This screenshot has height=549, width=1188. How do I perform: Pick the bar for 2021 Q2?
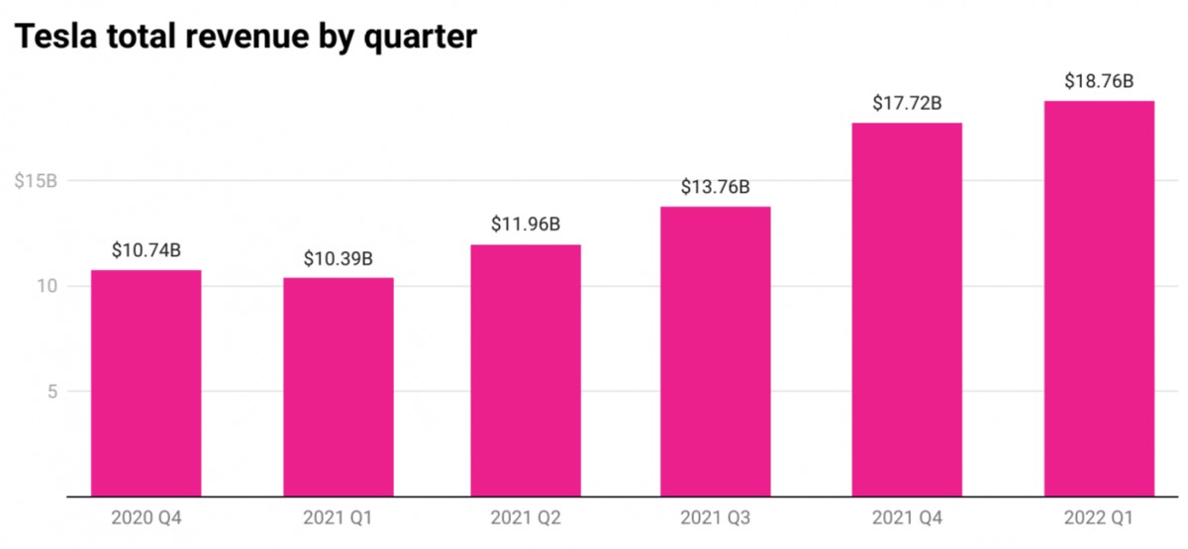tap(526, 370)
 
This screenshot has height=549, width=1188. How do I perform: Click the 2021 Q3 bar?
tap(715, 351)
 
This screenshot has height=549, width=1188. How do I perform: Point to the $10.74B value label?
tap(146, 250)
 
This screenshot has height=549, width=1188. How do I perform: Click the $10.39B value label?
tap(338, 259)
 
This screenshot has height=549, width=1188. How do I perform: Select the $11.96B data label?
tap(526, 225)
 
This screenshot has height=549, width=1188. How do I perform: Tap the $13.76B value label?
tap(715, 187)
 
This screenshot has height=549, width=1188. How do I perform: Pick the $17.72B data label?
tap(907, 103)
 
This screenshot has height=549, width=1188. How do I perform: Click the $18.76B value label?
tap(1099, 81)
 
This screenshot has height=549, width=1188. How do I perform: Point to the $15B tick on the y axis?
tap(36, 181)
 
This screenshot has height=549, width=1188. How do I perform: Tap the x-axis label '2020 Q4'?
tap(146, 519)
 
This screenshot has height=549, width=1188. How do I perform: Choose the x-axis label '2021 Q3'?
tap(715, 519)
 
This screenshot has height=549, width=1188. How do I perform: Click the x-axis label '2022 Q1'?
tap(1099, 519)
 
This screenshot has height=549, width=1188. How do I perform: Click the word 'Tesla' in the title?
tap(55, 37)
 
